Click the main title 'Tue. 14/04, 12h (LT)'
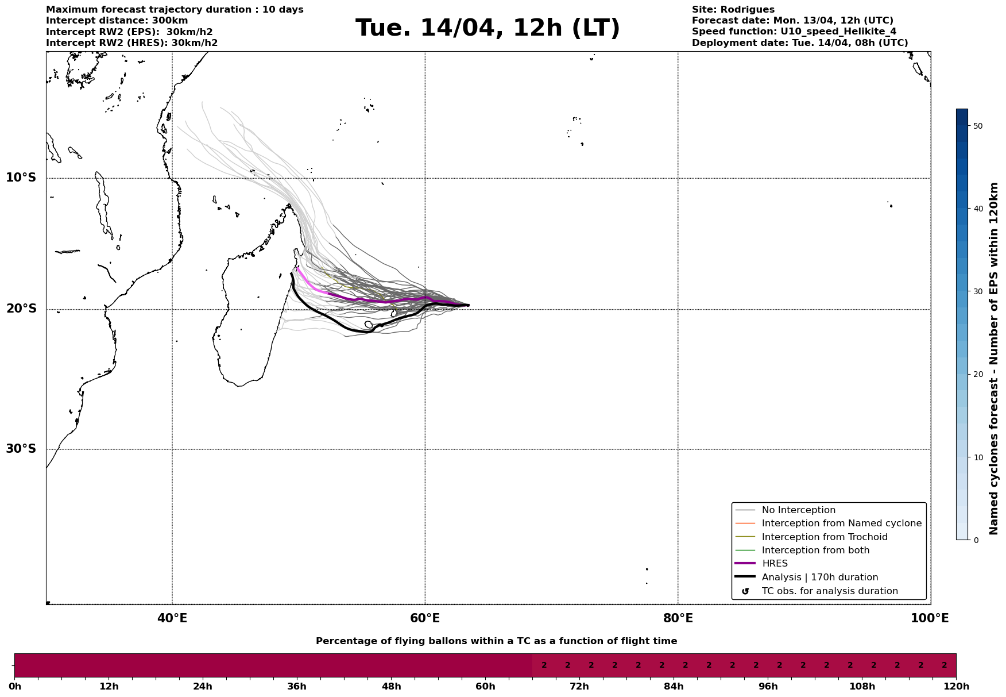point(487,28)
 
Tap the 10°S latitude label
point(21,178)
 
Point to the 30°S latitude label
point(21,449)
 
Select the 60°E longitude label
point(425,618)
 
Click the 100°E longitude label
point(930,618)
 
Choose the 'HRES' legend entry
point(774,564)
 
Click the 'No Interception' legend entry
point(798,510)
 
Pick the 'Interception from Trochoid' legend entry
point(824,537)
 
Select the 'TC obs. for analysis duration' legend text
point(829,591)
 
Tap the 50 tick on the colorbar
point(978,126)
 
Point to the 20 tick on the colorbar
point(978,375)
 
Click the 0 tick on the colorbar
point(976,540)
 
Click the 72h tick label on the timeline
point(579,687)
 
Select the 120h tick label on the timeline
point(956,687)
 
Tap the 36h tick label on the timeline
point(297,687)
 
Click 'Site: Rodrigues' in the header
point(733,10)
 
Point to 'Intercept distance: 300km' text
point(117,21)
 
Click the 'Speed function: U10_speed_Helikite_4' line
point(794,32)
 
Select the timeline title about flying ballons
point(496,641)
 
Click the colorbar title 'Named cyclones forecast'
point(994,359)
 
